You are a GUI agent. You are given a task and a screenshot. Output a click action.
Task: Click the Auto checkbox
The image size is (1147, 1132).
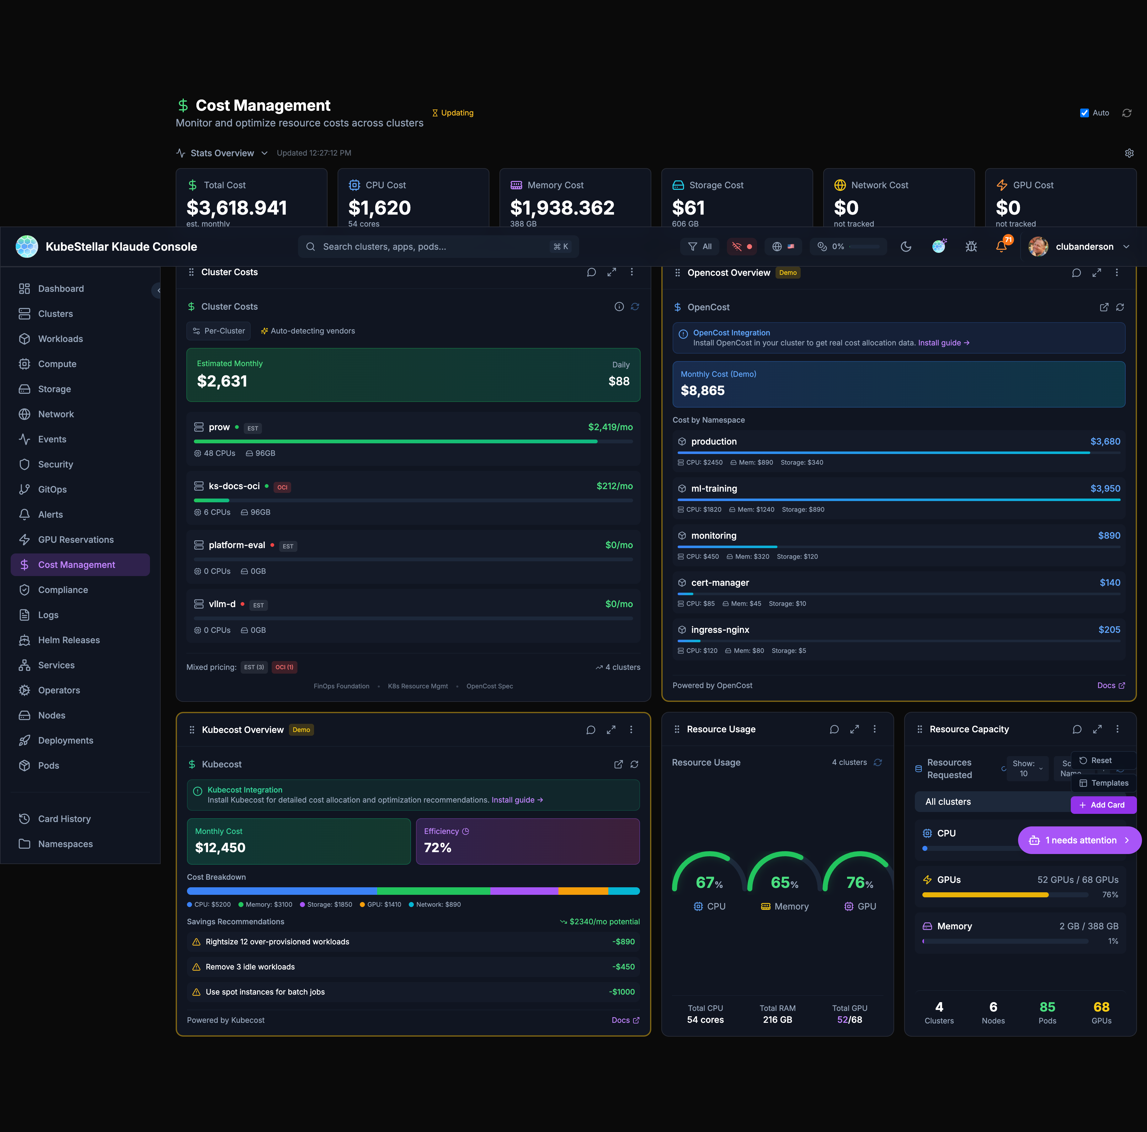click(x=1084, y=113)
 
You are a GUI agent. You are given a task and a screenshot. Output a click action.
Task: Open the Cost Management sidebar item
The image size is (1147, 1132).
click(x=77, y=564)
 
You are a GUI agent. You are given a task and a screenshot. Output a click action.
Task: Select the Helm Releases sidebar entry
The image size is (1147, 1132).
click(x=69, y=640)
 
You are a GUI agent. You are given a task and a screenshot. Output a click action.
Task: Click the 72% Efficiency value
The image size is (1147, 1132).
click(x=438, y=848)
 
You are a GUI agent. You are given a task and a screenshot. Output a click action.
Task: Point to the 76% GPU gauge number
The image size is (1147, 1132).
click(x=859, y=883)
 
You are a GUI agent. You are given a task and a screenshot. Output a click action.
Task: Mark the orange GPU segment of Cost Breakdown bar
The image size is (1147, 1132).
click(x=583, y=891)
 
